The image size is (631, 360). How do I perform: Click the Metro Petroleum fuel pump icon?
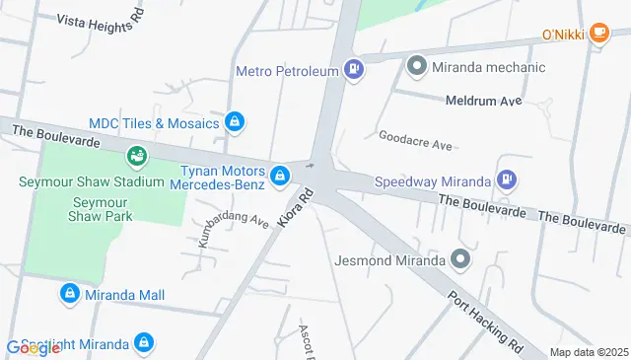click(x=353, y=70)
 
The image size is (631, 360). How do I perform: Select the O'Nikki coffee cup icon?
click(x=597, y=35)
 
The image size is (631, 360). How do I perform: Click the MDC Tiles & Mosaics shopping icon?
click(x=235, y=122)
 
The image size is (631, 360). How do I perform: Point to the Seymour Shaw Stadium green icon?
click(x=137, y=156)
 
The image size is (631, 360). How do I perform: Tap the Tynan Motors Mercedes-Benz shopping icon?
click(x=281, y=177)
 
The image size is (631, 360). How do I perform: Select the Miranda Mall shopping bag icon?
click(x=70, y=294)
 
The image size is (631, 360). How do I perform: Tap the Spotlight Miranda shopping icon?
click(x=144, y=343)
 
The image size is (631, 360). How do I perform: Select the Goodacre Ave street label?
click(x=415, y=140)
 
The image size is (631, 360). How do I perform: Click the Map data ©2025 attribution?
click(x=589, y=352)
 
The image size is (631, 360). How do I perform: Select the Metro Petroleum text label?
click(x=286, y=70)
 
